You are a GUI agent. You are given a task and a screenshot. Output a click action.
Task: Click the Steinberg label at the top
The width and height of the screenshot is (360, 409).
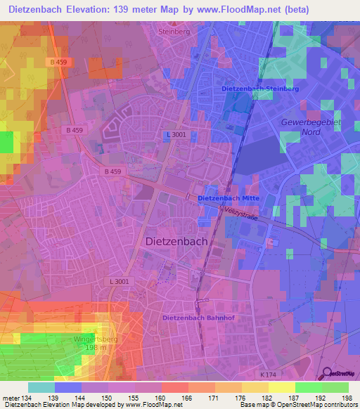coord(175,32)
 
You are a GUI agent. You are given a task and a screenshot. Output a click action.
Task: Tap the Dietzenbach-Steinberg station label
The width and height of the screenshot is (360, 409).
coord(260,89)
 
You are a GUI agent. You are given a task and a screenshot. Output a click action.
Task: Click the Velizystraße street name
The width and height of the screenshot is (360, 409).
coord(242,213)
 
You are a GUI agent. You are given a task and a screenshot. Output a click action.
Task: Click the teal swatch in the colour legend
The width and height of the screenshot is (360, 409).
coord(41,387)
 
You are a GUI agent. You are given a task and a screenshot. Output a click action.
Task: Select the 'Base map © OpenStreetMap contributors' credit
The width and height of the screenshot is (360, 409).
coord(298,405)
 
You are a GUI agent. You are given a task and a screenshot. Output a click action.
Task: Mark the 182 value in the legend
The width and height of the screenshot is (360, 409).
coord(251,397)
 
